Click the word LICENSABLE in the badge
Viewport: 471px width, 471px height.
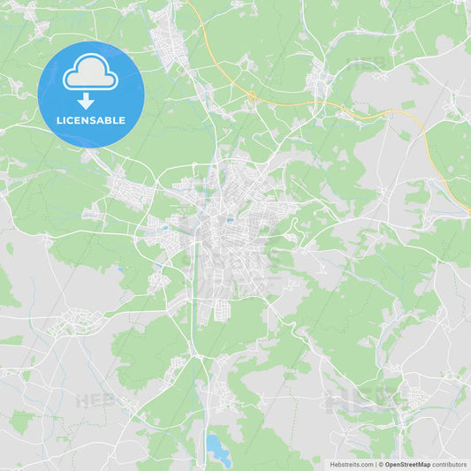click(x=91, y=120)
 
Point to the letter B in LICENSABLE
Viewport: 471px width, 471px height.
click(x=110, y=120)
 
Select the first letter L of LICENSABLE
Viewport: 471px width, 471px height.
click(x=60, y=120)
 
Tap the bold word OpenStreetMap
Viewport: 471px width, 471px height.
click(x=407, y=464)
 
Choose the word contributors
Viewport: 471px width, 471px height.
click(x=450, y=464)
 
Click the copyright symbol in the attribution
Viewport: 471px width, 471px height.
click(x=380, y=464)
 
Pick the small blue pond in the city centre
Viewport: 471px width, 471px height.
click(x=229, y=220)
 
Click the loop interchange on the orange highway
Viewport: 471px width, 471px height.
click(x=252, y=95)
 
